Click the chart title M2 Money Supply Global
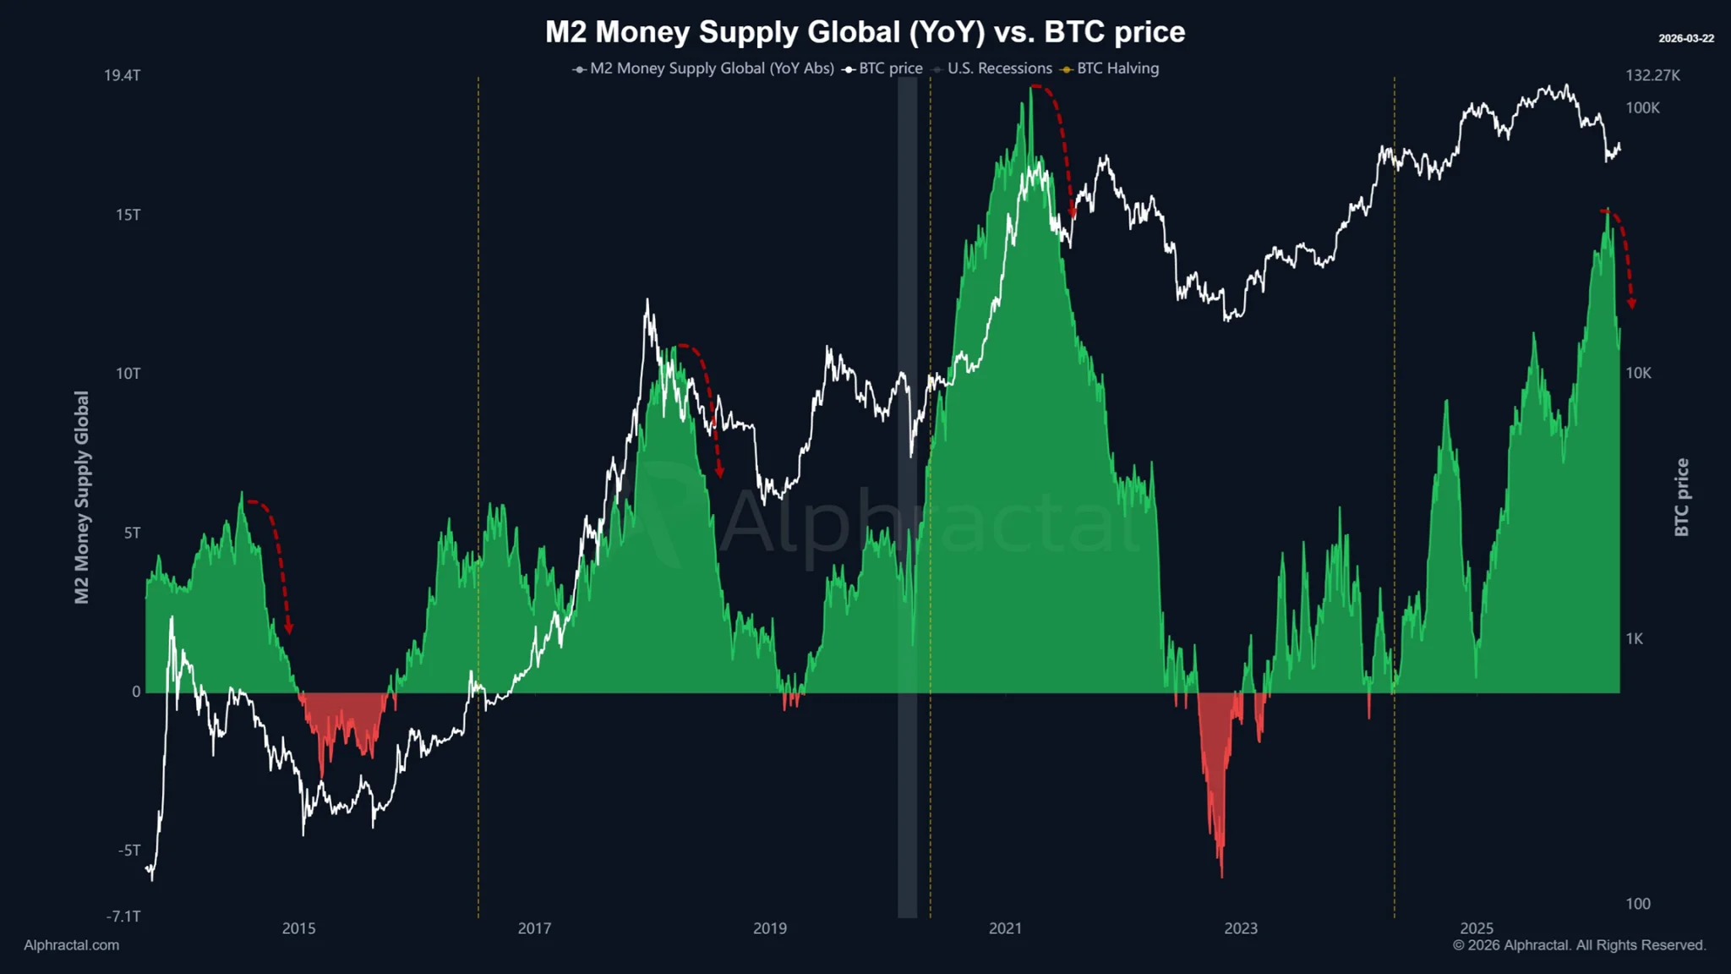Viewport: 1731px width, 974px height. [x=865, y=32]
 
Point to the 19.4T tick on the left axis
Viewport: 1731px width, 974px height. [x=123, y=75]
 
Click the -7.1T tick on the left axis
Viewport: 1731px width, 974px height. [x=123, y=917]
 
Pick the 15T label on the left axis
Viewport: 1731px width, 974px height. [x=128, y=215]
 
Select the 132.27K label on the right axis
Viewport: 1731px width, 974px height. [x=1652, y=75]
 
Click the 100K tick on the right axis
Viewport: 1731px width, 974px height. [x=1642, y=108]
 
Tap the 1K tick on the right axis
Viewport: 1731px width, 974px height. [x=1634, y=639]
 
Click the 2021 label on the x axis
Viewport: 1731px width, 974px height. [x=1005, y=928]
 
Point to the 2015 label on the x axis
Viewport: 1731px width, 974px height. [x=298, y=928]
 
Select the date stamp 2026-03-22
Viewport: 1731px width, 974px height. [x=1685, y=39]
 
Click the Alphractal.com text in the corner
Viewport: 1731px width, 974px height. [x=72, y=945]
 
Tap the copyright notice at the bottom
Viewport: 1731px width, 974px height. [x=1579, y=945]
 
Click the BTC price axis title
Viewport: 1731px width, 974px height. [x=1681, y=497]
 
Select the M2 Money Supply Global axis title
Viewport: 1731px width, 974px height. [x=82, y=497]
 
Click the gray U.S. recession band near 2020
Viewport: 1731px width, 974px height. [x=907, y=507]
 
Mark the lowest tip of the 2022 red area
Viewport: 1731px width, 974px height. [x=1221, y=876]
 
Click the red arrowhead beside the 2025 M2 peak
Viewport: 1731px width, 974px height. [x=1631, y=304]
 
